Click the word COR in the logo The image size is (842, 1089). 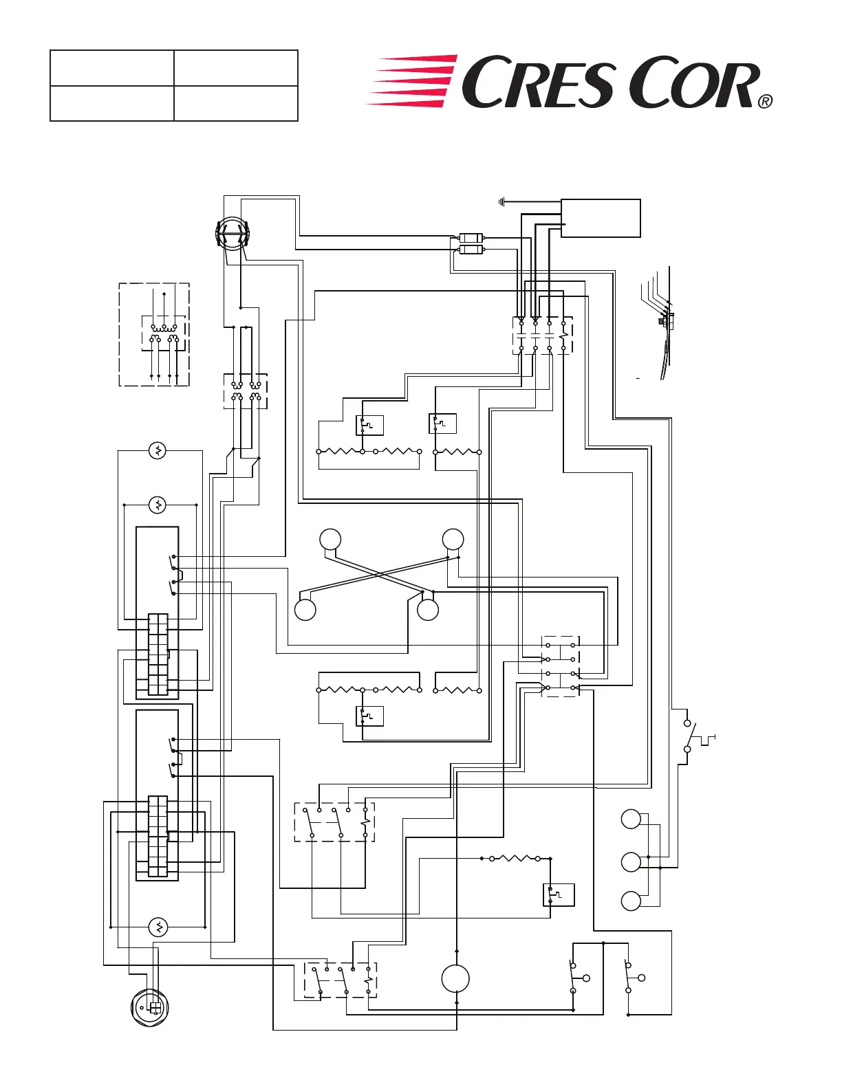click(x=693, y=83)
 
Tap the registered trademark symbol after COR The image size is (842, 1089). click(x=766, y=102)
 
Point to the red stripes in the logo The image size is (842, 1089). click(x=412, y=81)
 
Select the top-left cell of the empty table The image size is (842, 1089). click(x=112, y=67)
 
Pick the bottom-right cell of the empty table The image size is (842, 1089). click(x=236, y=103)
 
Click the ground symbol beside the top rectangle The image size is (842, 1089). click(x=501, y=202)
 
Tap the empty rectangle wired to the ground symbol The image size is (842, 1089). click(x=601, y=218)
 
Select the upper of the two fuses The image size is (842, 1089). click(x=471, y=238)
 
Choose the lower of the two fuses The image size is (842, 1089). click(x=471, y=250)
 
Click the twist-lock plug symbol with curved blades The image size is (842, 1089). click(x=232, y=234)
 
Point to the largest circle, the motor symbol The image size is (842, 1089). click(x=455, y=979)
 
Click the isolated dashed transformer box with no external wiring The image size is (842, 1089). click(x=154, y=334)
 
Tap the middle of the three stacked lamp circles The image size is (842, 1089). click(x=631, y=862)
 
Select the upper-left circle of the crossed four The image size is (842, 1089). click(x=330, y=539)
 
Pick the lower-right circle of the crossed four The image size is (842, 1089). click(x=428, y=610)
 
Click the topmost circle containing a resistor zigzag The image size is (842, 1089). click(x=158, y=450)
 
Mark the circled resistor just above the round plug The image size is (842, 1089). click(x=159, y=927)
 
